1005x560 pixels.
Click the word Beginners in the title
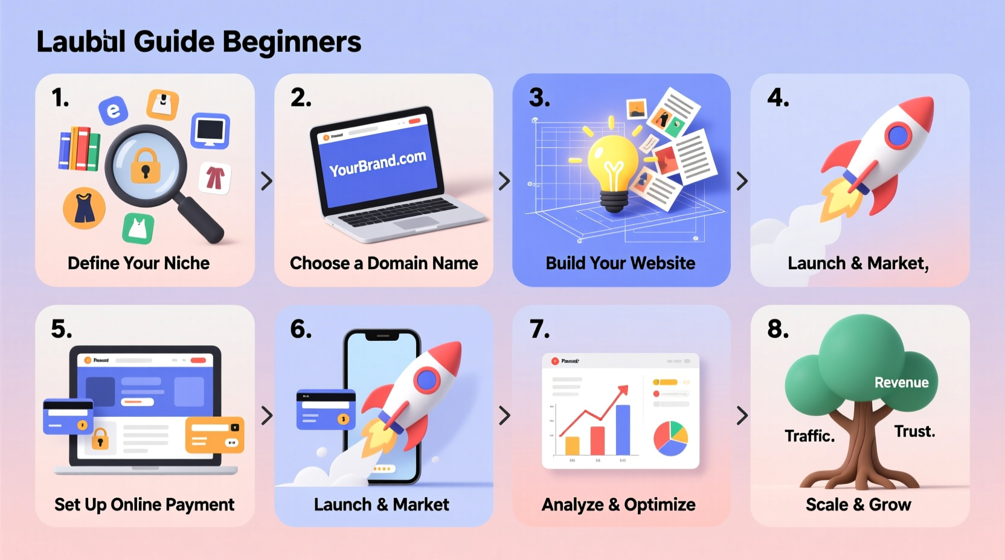(292, 42)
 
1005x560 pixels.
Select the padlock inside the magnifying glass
(145, 166)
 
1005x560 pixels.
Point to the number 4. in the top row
(778, 98)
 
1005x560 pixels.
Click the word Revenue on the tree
(901, 382)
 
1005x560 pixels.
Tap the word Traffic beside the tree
(809, 436)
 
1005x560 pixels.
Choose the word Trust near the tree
(914, 431)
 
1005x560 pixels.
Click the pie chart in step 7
(670, 438)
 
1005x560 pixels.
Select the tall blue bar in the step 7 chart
(623, 429)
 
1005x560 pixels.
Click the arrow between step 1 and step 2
(266, 181)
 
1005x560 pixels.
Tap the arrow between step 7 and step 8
(742, 415)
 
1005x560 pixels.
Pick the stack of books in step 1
(79, 148)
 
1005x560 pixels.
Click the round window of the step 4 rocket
(898, 136)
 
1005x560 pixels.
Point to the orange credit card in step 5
(214, 434)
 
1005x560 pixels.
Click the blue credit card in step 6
(326, 410)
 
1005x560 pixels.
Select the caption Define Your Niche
(138, 263)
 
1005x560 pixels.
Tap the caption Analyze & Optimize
(618, 504)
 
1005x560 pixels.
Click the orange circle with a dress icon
(84, 208)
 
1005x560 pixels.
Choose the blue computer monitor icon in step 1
(210, 130)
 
